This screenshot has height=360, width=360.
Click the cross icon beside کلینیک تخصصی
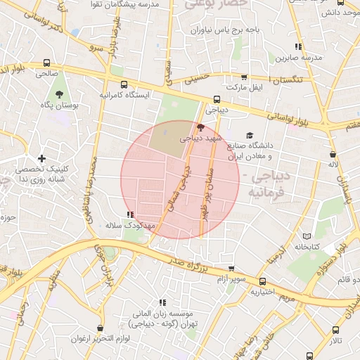(x=42, y=159)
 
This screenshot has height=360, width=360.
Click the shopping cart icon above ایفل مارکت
(x=244, y=77)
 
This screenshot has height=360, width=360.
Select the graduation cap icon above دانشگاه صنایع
(x=250, y=136)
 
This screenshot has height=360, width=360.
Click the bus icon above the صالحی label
(x=46, y=62)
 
